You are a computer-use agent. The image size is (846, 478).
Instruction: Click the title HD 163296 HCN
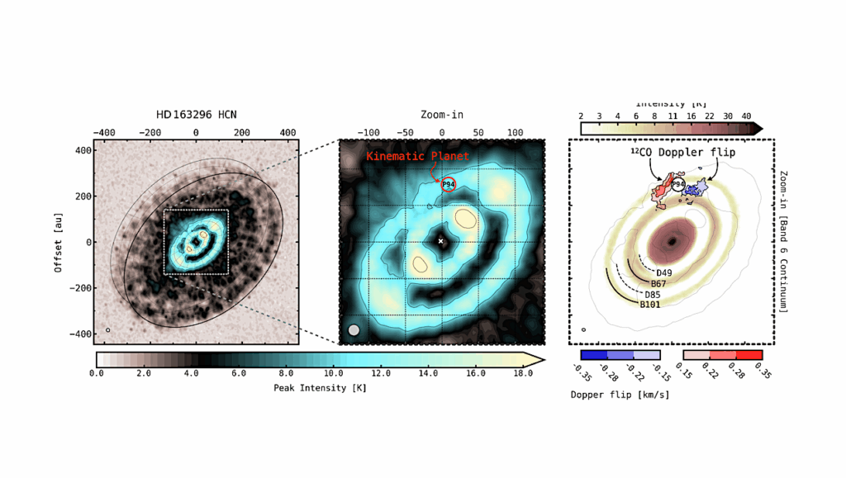196,115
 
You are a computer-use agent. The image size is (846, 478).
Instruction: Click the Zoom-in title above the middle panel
441,115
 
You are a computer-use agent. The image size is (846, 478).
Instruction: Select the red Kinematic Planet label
417,156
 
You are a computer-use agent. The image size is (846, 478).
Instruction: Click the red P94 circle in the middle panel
448,184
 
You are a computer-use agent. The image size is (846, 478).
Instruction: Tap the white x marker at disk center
440,241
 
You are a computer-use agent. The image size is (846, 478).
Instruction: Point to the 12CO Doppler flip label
671,153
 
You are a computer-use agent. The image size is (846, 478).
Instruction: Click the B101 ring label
650,305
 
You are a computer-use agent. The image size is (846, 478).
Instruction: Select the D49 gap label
664,273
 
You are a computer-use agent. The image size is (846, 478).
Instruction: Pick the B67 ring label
658,284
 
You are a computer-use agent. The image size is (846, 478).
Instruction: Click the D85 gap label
653,295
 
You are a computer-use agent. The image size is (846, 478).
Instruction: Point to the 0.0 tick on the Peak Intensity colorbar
97,374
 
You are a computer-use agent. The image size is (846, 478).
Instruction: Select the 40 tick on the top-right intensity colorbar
746,116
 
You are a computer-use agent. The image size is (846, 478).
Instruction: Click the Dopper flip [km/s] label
620,395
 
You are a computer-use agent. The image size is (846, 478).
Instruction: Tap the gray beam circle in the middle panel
354,330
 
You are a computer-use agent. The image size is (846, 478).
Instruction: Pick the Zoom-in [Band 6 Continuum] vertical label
782,241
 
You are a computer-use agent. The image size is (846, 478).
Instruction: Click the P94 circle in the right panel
678,185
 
